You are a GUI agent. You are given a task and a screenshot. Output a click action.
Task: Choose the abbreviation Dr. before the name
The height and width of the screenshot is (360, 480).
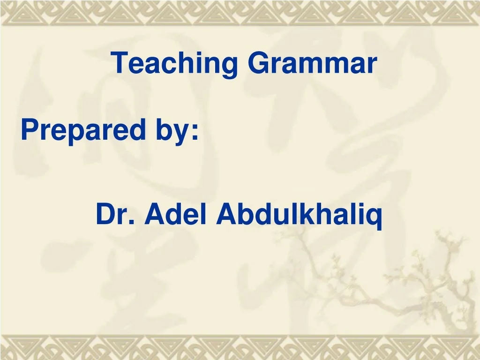(x=115, y=214)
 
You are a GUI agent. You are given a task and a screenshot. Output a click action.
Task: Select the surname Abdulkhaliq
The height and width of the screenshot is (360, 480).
(x=299, y=214)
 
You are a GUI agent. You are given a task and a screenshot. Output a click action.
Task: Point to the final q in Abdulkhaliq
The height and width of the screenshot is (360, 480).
(x=375, y=217)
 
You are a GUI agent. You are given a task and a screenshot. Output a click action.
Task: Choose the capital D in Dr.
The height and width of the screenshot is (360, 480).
(x=105, y=214)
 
